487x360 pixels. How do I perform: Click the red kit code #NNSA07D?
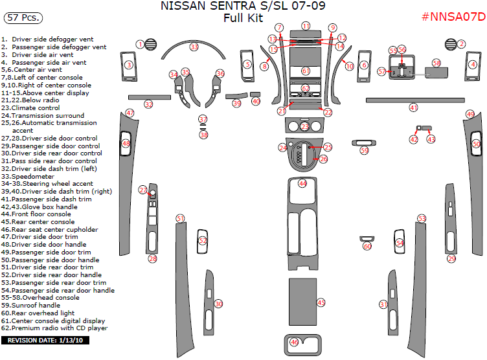tap(453, 17)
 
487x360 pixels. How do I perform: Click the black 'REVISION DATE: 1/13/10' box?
tap(47, 340)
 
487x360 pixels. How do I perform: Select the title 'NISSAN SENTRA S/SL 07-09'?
tap(243, 6)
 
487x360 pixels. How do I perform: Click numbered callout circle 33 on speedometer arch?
tap(194, 47)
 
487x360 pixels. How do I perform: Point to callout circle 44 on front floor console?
tap(302, 184)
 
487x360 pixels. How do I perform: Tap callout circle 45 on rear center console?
tap(321, 302)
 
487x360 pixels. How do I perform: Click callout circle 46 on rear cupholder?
tap(294, 342)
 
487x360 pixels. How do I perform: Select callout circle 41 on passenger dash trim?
tap(413, 107)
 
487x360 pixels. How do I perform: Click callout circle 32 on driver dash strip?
tap(149, 104)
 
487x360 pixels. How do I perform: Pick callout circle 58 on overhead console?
tap(436, 63)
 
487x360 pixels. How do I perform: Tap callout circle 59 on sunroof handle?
tap(364, 151)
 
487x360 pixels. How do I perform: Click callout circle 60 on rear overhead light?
tap(367, 246)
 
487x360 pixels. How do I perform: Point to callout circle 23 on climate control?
tap(304, 127)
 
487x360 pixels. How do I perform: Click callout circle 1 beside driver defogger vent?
tap(140, 44)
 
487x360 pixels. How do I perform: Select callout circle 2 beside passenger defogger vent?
tap(462, 44)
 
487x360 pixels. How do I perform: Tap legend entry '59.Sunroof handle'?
tap(32, 306)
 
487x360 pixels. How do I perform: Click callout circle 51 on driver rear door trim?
tap(181, 219)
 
